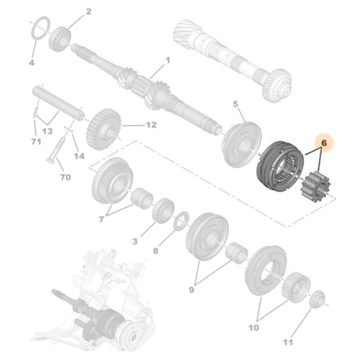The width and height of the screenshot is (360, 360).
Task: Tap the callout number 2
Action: pyautogui.click(x=89, y=12)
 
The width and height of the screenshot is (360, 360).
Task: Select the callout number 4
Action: pyautogui.click(x=31, y=63)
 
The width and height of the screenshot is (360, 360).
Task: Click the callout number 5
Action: pyautogui.click(x=235, y=104)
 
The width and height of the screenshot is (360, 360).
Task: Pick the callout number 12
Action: pyautogui.click(x=150, y=125)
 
